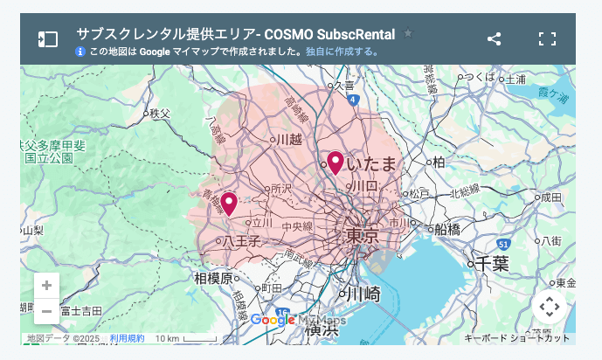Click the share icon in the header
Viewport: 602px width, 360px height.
click(494, 38)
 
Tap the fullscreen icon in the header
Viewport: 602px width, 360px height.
click(547, 38)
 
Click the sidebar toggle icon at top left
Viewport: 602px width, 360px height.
click(47, 39)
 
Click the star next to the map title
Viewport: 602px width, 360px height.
click(408, 33)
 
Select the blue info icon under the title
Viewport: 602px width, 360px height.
click(80, 52)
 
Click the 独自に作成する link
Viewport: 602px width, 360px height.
click(342, 52)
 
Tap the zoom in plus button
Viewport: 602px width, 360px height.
click(46, 286)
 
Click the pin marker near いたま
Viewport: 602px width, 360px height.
click(335, 163)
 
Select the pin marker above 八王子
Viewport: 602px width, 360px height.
click(229, 203)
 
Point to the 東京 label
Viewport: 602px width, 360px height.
click(362, 236)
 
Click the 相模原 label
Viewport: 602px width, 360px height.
click(214, 279)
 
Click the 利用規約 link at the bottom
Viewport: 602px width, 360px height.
click(128, 338)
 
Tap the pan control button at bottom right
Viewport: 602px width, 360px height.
click(549, 307)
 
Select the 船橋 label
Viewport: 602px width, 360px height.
click(446, 229)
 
